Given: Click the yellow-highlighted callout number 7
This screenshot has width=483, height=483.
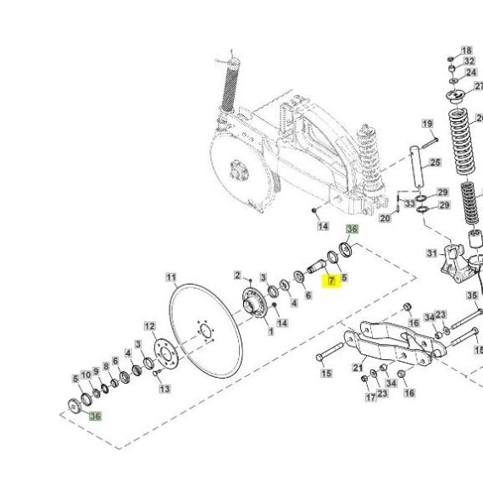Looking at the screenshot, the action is click(331, 280).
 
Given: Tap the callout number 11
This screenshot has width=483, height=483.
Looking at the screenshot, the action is click(171, 278).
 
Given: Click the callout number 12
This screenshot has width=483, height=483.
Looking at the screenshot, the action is click(150, 326).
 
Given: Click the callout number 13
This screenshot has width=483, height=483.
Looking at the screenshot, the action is click(164, 389).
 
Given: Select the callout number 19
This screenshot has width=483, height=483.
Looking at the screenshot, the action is click(427, 124).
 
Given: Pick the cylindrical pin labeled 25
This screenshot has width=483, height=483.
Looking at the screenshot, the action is click(417, 167).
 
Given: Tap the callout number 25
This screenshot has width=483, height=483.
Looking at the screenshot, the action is click(436, 163).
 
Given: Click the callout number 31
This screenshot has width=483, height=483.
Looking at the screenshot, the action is click(432, 253).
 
